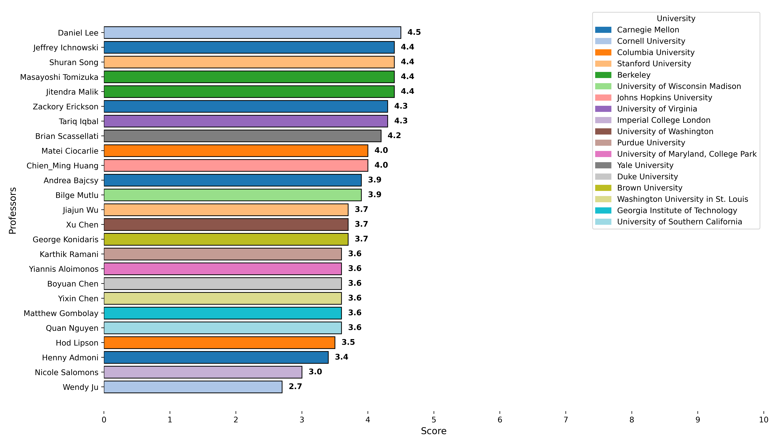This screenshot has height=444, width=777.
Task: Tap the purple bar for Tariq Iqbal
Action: pos(246,121)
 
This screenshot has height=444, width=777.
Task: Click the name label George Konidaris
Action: pos(66,240)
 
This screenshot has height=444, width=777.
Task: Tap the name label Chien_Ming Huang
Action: pos(62,166)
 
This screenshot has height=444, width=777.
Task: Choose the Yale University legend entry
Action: pos(645,165)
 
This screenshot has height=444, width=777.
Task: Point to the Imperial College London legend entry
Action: pos(664,120)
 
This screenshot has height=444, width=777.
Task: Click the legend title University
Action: pos(676,19)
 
